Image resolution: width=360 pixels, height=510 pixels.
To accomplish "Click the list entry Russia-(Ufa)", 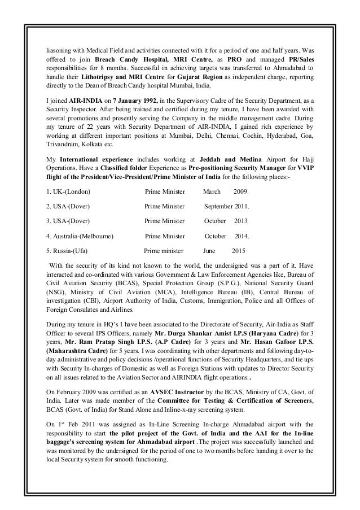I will [x=66, y=250].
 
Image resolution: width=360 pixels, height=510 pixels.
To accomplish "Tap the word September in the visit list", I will [x=221, y=206].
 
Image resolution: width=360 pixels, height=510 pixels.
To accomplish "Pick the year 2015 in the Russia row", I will [x=239, y=250].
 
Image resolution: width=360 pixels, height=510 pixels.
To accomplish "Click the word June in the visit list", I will [x=209, y=250].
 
